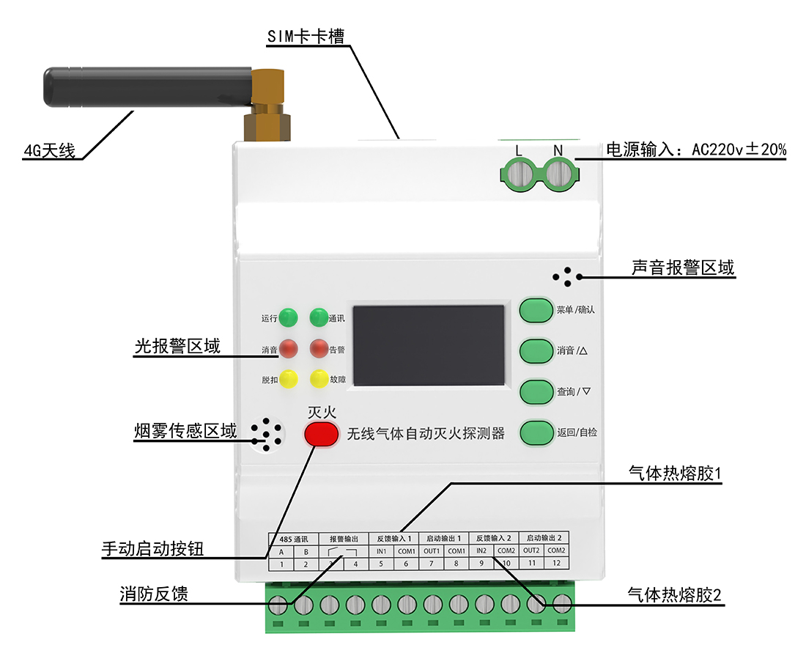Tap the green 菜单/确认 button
coord(536,310)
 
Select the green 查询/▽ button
coord(536,391)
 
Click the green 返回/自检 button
coord(536,432)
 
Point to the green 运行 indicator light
coord(289,318)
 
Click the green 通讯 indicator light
coord(319,318)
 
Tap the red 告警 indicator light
coord(319,348)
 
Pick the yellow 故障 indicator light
coord(319,379)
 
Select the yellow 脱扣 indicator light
coord(289,379)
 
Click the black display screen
coord(429,345)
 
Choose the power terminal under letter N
coord(558,174)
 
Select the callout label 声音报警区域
coord(682,268)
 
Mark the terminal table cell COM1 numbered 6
coord(406,551)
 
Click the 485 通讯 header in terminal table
coord(294,538)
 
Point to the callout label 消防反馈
coord(154,594)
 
